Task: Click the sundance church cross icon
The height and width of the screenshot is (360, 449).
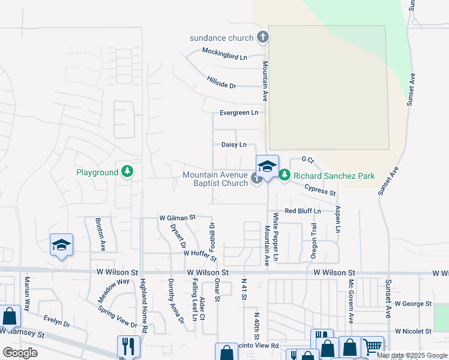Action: [x=262, y=38]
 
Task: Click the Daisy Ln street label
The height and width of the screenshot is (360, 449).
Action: [x=234, y=145]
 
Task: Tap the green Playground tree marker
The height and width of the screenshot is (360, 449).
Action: [x=127, y=172]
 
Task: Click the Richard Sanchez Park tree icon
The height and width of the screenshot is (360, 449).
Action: [x=285, y=176]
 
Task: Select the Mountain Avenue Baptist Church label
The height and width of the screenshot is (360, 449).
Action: [x=215, y=179]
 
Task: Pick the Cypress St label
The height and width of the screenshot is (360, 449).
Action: [x=320, y=190]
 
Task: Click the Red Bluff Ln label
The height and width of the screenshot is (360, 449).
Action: [x=303, y=211]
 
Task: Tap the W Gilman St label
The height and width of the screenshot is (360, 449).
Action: [x=177, y=217]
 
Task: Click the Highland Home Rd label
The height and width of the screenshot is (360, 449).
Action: [x=143, y=306]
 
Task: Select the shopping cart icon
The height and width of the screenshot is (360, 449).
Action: [x=372, y=346]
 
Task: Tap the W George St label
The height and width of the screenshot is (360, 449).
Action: [x=413, y=304]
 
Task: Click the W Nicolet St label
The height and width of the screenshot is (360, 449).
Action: [x=413, y=331]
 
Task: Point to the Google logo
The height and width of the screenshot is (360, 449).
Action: [x=20, y=352]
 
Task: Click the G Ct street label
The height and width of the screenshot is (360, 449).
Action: [x=307, y=160]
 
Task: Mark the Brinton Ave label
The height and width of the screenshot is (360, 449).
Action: [x=100, y=234]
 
